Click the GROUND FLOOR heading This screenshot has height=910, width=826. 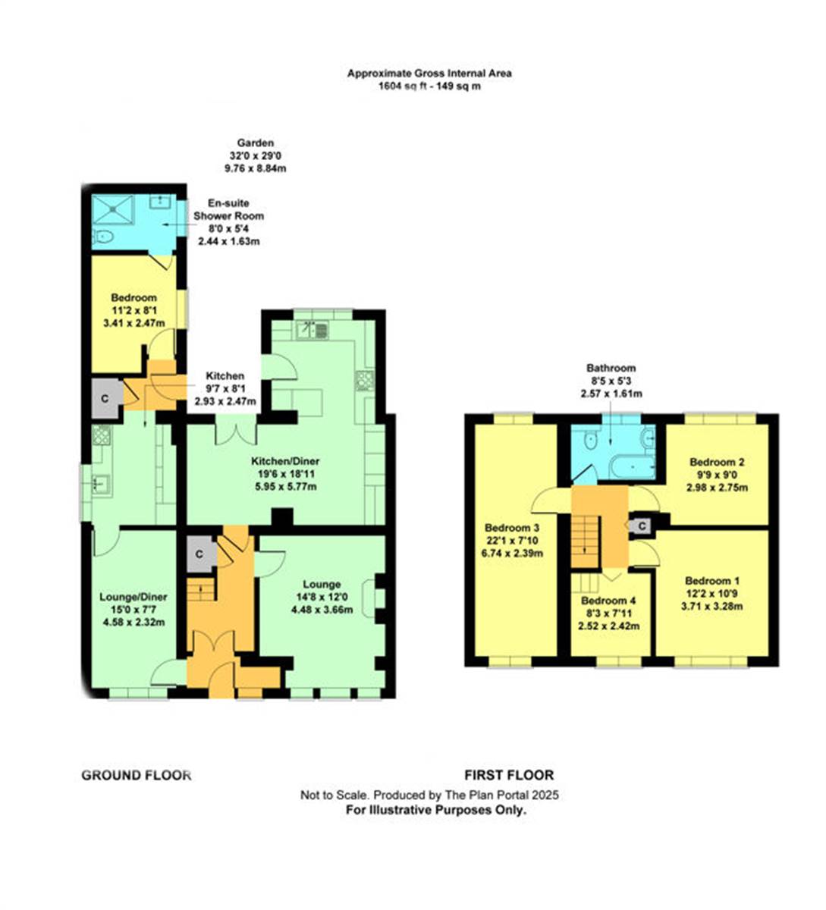(136, 775)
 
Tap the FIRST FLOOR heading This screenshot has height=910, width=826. (509, 775)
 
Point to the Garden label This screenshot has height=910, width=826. (255, 143)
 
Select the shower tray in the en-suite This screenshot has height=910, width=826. (112, 209)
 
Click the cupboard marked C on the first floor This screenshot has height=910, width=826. (642, 525)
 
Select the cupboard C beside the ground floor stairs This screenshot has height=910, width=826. (199, 554)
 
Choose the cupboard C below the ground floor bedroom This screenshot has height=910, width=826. (104, 395)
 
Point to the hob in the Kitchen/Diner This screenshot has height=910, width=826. (365, 380)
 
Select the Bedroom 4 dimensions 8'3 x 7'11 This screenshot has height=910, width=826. (608, 613)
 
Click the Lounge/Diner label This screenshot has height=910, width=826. (133, 598)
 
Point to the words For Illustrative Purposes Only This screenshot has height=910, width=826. (436, 810)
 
